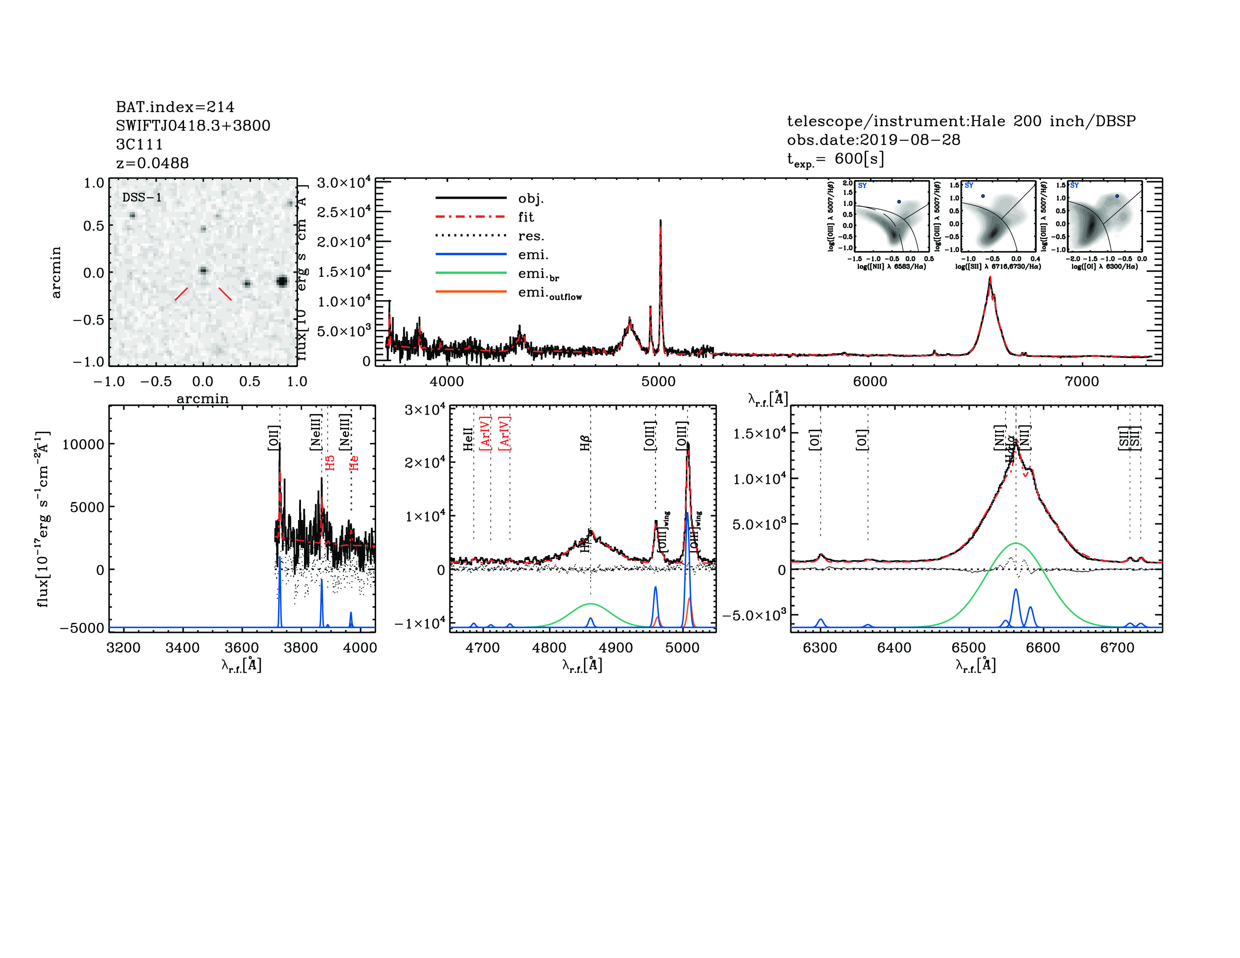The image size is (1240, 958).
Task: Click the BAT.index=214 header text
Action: click(x=175, y=107)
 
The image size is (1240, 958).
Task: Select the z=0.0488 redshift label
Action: click(x=152, y=163)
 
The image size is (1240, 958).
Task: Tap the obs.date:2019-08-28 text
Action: click(x=873, y=140)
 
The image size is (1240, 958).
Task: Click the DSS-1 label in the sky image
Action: click(x=142, y=198)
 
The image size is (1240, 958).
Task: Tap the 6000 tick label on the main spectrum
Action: click(x=870, y=381)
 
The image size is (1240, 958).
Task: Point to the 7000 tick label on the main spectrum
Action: click(x=1081, y=381)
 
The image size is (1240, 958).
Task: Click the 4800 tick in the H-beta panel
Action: click(x=549, y=648)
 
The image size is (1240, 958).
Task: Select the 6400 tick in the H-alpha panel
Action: click(x=894, y=648)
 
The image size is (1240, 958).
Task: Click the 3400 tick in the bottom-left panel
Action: click(x=182, y=648)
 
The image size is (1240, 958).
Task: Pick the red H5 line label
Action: click(x=330, y=462)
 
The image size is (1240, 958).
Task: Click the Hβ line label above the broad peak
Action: click(x=585, y=443)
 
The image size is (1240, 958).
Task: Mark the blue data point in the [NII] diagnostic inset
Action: click(x=899, y=201)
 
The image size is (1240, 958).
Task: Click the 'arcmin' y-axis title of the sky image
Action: click(x=56, y=272)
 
